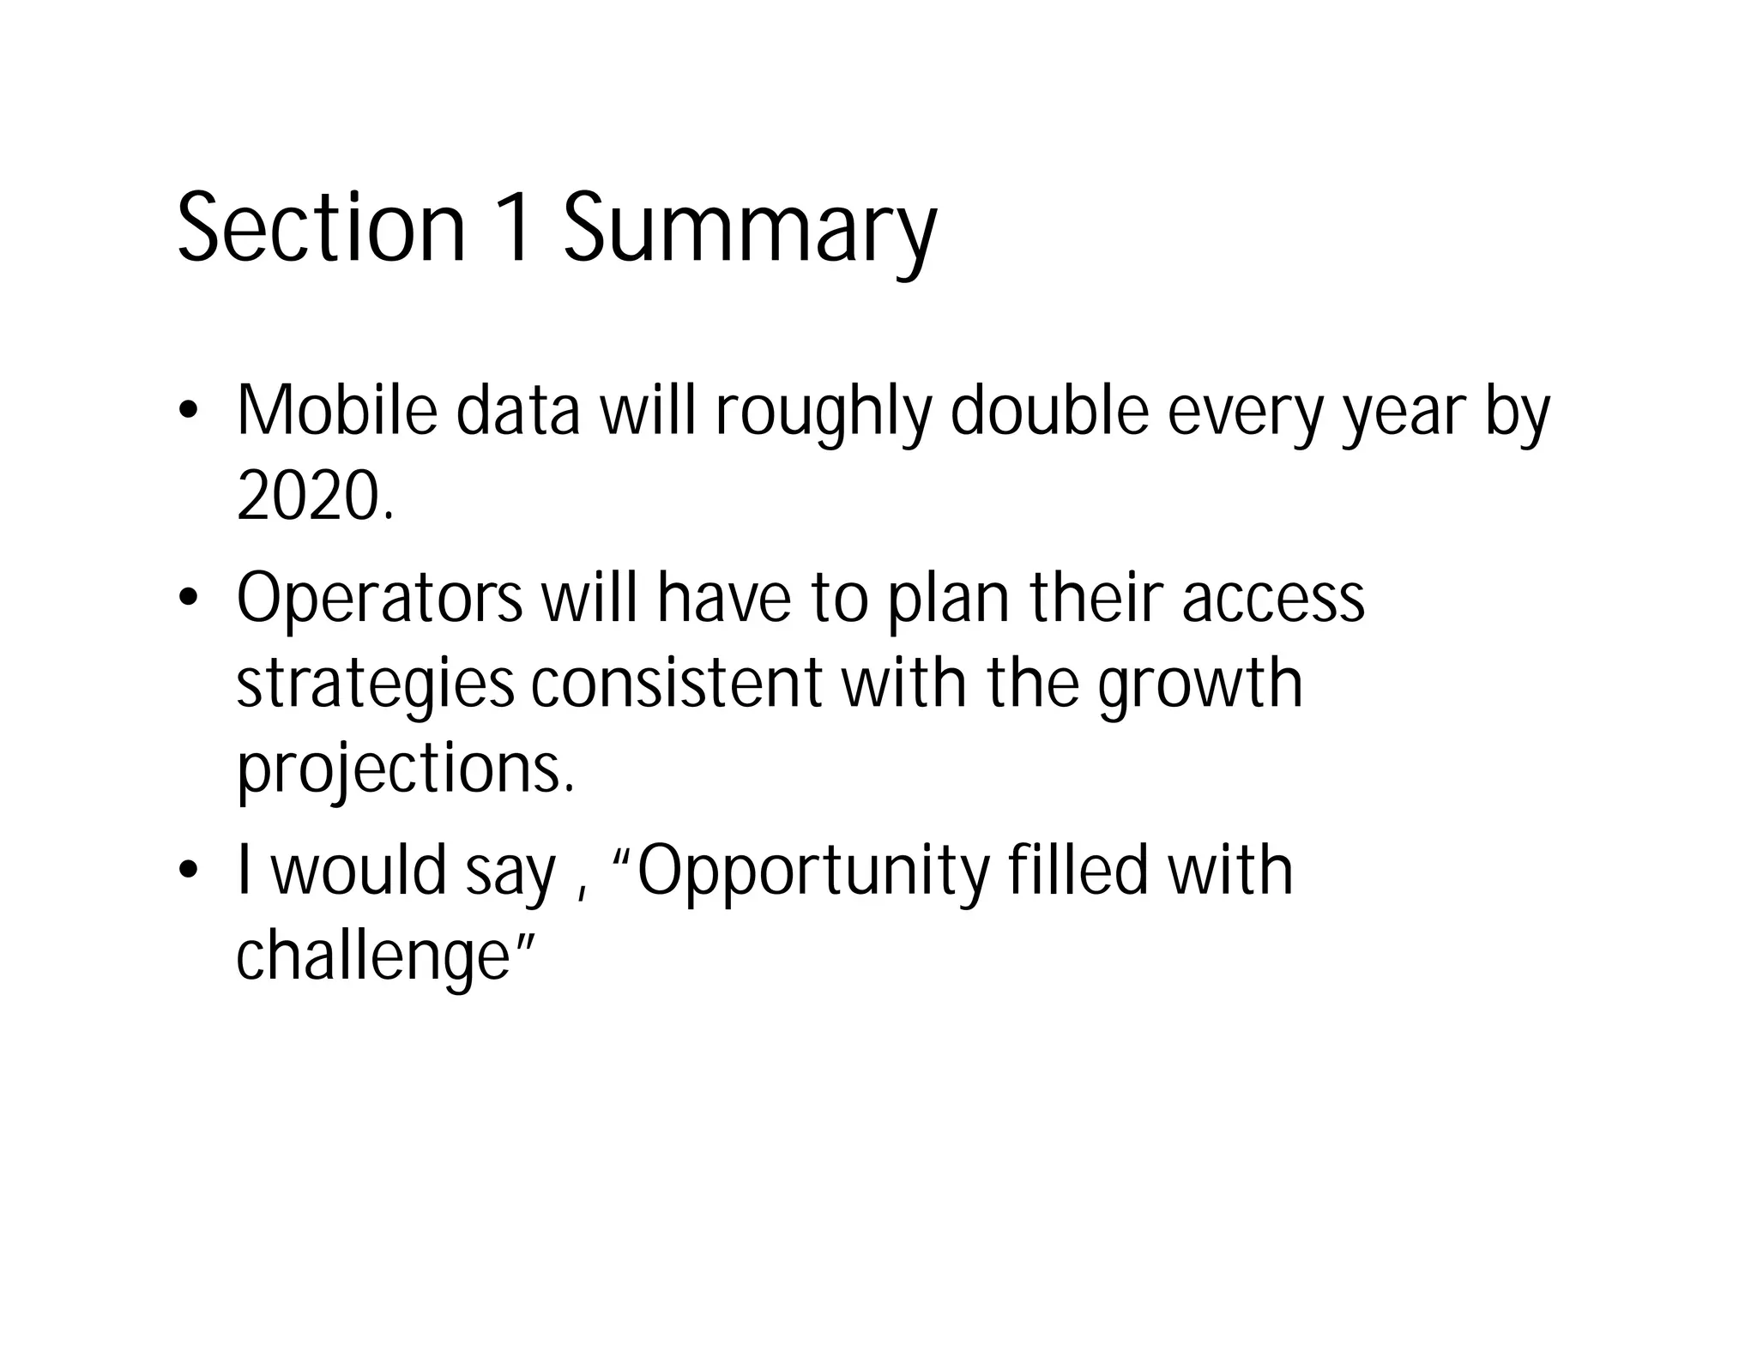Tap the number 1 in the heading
(x=516, y=228)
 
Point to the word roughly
(x=823, y=414)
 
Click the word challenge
(x=374, y=956)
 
